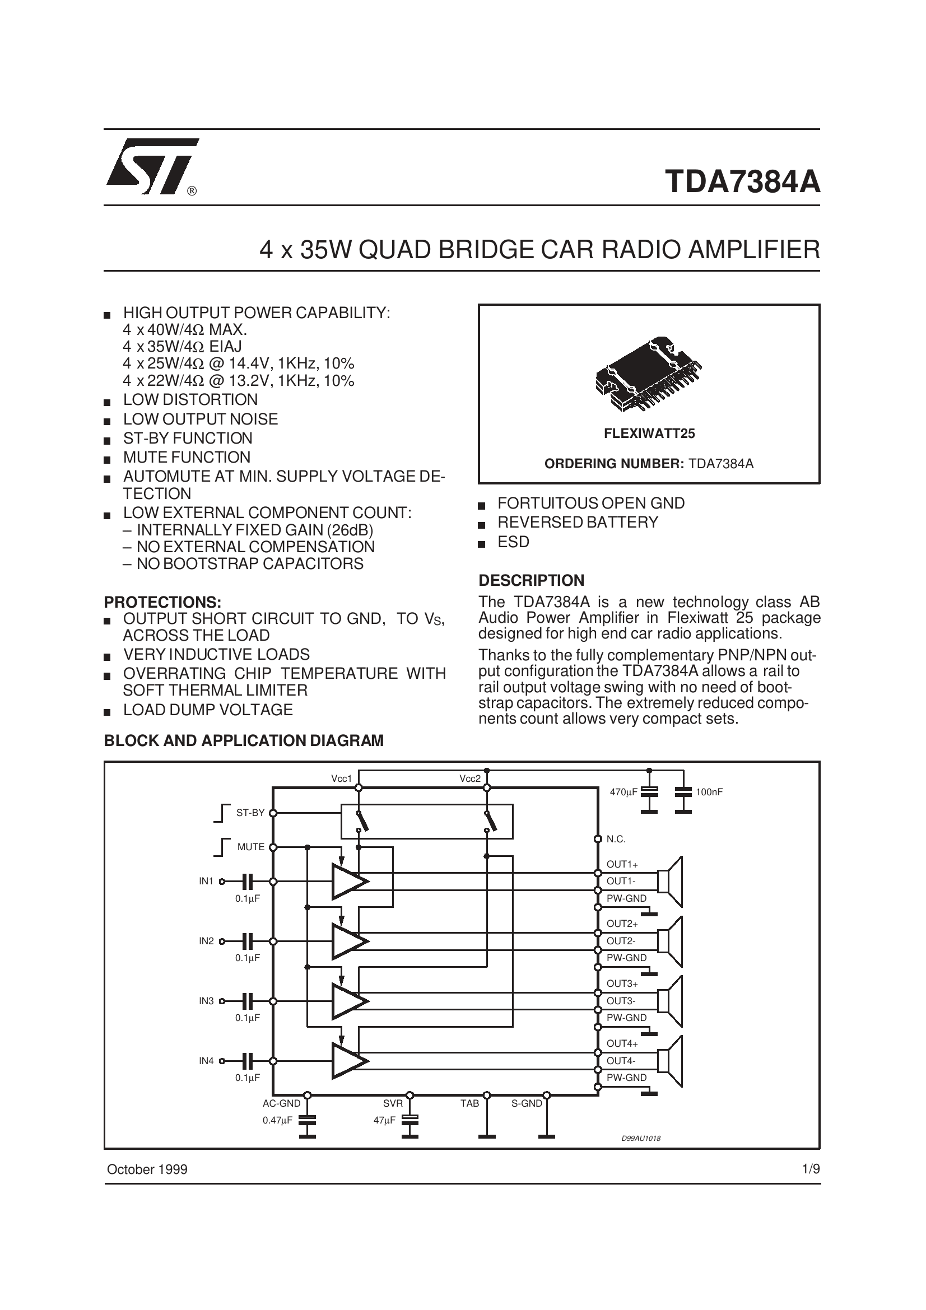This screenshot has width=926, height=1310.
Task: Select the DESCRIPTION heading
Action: tap(531, 580)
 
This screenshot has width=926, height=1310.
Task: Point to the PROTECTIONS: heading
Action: tap(162, 602)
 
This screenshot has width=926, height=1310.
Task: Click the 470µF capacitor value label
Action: tap(623, 792)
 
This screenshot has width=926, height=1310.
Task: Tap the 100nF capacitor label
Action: tap(709, 792)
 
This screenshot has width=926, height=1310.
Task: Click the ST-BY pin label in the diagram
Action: tap(250, 813)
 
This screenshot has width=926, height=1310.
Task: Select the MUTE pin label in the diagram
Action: tap(250, 847)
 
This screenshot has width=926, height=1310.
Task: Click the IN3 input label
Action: tap(206, 1001)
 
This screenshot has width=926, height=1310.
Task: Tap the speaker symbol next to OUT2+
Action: tap(670, 941)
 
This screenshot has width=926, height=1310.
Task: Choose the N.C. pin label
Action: tap(616, 839)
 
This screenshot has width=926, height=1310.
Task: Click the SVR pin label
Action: tap(393, 1103)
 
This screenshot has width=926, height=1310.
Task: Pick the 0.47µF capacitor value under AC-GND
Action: tap(277, 1120)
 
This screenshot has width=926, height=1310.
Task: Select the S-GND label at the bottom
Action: tap(526, 1103)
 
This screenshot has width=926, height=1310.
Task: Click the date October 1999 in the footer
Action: tap(147, 1169)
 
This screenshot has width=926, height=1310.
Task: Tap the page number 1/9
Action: tap(810, 1169)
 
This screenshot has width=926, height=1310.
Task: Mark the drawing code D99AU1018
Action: tap(641, 1138)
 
